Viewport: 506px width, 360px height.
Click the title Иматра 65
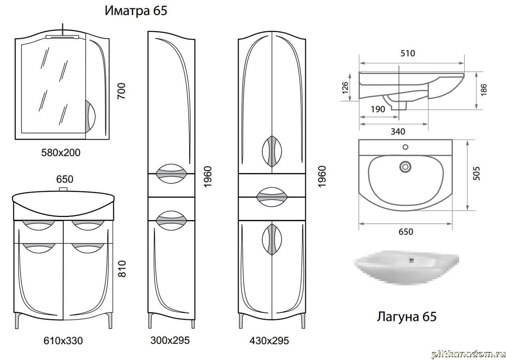click(136, 11)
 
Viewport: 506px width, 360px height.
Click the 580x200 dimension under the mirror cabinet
click(61, 153)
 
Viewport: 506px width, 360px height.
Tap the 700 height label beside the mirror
click(121, 91)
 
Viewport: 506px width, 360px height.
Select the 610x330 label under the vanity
click(63, 341)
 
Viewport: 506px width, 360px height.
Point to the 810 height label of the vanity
click(122, 269)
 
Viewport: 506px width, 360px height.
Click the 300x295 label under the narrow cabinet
click(170, 340)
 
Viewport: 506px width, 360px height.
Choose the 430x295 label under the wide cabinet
click(269, 341)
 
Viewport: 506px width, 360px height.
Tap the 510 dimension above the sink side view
click(408, 53)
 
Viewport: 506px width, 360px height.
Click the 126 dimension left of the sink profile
click(345, 88)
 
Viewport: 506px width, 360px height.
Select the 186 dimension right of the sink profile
click(483, 90)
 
